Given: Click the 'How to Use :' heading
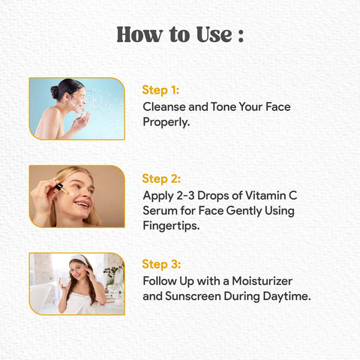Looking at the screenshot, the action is coord(180,34).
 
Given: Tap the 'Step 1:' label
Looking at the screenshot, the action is coord(160,90).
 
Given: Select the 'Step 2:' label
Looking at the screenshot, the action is coord(161,178).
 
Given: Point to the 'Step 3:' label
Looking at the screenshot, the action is coord(161,264).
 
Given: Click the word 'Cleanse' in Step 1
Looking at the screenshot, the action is coord(164,106).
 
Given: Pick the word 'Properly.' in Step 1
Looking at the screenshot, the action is coord(166,122).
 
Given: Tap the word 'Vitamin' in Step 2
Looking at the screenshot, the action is coord(264,195).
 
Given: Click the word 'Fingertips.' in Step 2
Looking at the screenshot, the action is coord(171,226).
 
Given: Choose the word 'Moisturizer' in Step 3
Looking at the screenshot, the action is coord(262,281).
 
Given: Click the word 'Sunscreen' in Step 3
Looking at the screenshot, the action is coord(193,296).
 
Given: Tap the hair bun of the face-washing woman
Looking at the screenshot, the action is coord(55,92).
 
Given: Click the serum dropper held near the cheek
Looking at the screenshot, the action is coord(61,188).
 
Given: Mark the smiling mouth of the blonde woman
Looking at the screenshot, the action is coord(82,204).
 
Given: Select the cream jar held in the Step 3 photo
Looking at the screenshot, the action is coord(65,281).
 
